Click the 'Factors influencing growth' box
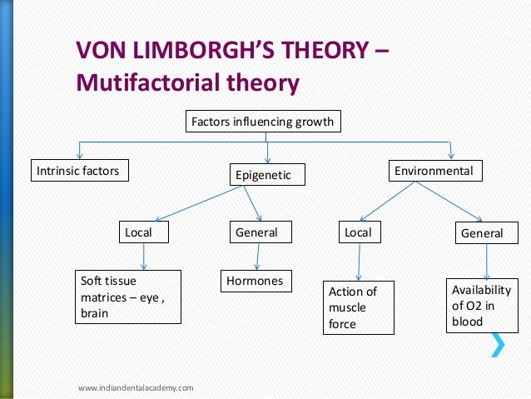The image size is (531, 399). tap(262, 122)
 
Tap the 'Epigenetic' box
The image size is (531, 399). tap(267, 175)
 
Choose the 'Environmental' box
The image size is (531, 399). tap(433, 172)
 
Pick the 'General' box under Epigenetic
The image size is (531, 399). tap(256, 232)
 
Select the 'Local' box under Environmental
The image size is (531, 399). tap(359, 232)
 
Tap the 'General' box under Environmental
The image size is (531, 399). tap(483, 233)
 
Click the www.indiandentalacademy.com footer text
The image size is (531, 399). tap(136, 388)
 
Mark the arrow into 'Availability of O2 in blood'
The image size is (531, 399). tap(486, 261)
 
